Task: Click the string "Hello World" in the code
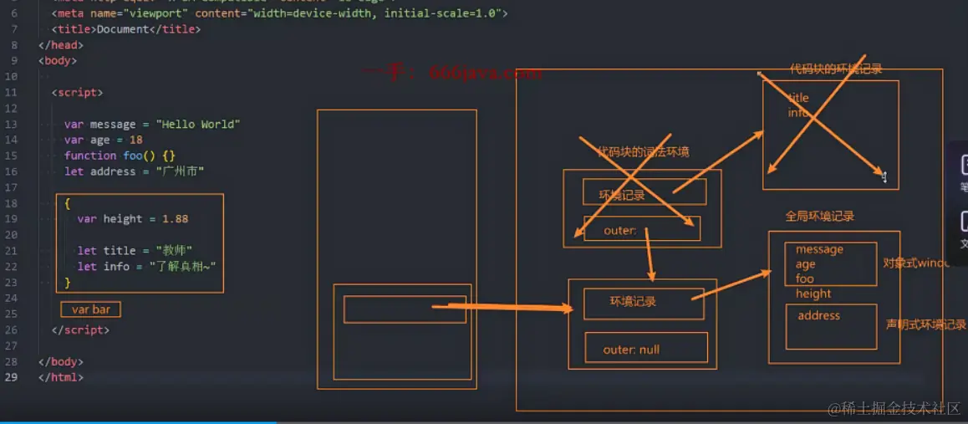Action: (198, 125)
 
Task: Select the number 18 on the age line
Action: (136, 140)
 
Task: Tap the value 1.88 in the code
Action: (176, 219)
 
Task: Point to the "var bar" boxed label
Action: (91, 309)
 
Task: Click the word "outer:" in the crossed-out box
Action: (620, 230)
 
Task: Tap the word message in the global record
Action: (819, 249)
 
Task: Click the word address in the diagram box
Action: (818, 315)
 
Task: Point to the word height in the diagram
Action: (813, 294)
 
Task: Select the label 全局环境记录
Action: (819, 217)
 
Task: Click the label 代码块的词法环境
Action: (643, 152)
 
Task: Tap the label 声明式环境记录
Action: (925, 324)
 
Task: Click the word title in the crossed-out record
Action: (798, 98)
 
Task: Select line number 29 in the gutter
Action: (11, 377)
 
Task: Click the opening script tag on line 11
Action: (77, 93)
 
